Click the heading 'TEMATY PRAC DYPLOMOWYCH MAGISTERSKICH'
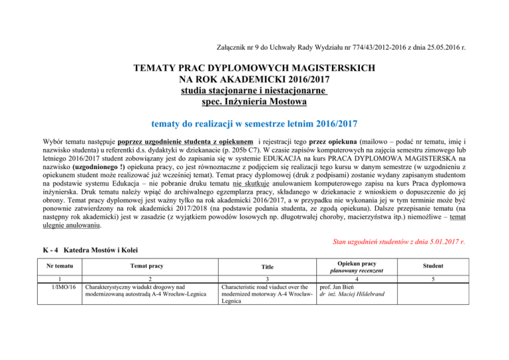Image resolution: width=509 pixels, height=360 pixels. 254,69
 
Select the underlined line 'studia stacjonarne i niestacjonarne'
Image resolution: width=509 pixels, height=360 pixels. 254,91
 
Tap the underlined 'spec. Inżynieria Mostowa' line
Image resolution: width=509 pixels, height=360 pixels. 254,103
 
